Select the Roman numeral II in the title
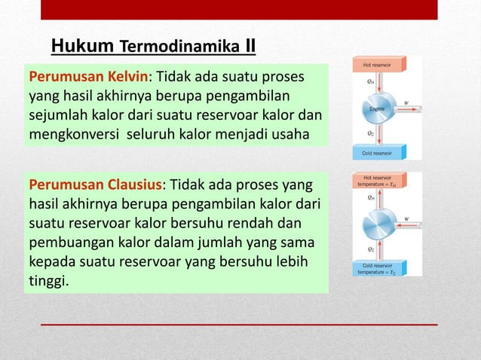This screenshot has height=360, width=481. coord(250,47)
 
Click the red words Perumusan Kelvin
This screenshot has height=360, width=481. coord(87,77)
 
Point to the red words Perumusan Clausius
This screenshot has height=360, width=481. coord(95,185)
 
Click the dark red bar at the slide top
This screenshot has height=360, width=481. coord(238,10)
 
